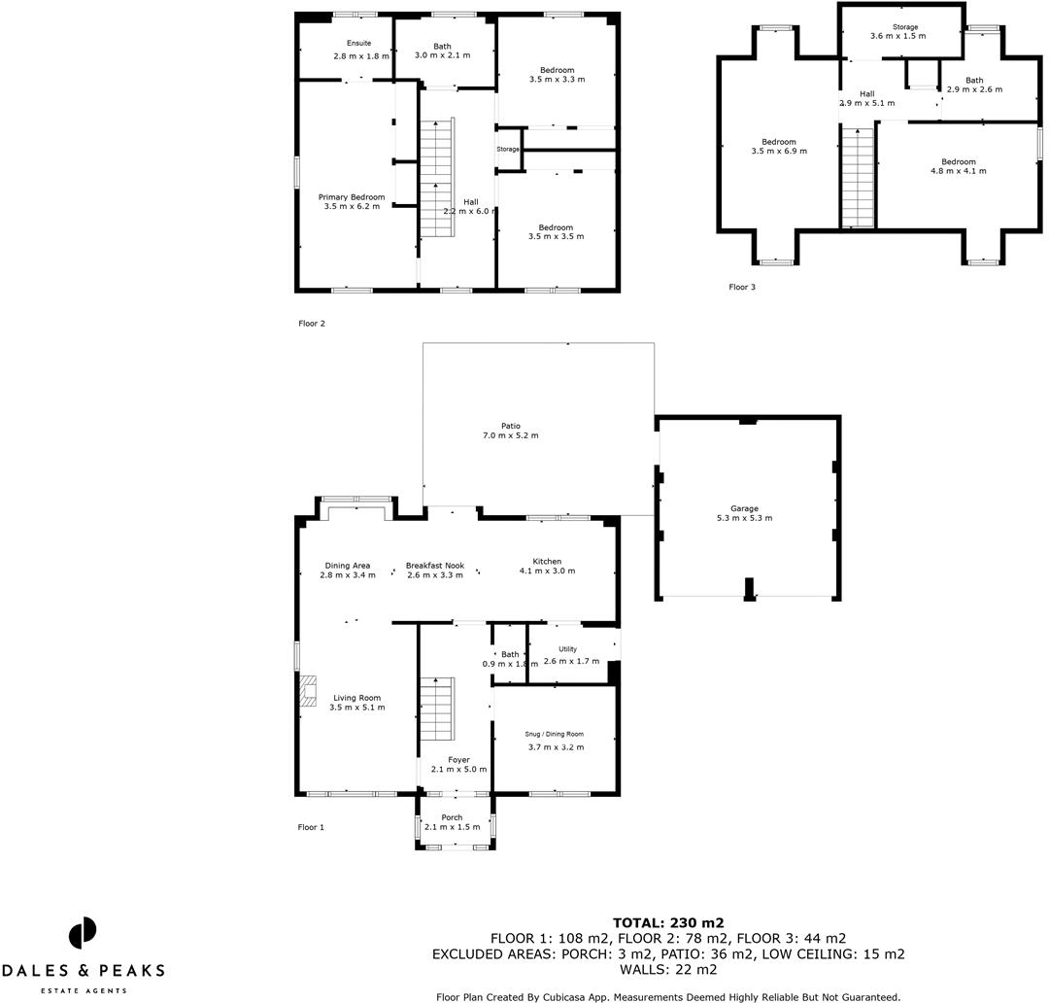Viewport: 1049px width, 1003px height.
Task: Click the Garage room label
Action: click(745, 508)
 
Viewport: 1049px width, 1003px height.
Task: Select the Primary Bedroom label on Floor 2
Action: click(352, 197)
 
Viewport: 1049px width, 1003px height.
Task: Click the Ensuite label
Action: click(359, 43)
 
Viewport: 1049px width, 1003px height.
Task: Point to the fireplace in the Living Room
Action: click(309, 692)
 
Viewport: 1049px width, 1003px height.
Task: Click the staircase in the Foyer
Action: click(436, 709)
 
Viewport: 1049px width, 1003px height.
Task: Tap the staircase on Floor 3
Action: click(858, 178)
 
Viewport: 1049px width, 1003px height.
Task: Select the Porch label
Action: click(452, 817)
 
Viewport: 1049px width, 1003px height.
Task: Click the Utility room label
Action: click(567, 649)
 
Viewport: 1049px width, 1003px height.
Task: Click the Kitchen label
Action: click(547, 562)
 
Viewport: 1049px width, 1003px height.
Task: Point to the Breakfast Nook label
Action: click(435, 566)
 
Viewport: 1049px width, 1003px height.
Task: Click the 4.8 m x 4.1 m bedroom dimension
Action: click(958, 171)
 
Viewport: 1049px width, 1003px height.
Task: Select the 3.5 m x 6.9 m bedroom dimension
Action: click(779, 152)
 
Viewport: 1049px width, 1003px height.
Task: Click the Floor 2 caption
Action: click(312, 324)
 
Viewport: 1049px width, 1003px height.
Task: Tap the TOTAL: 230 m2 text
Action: click(668, 922)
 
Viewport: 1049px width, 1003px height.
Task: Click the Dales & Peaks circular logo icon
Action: click(83, 933)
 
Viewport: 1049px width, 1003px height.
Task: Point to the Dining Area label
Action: click(348, 566)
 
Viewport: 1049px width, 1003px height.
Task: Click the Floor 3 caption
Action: click(742, 287)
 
